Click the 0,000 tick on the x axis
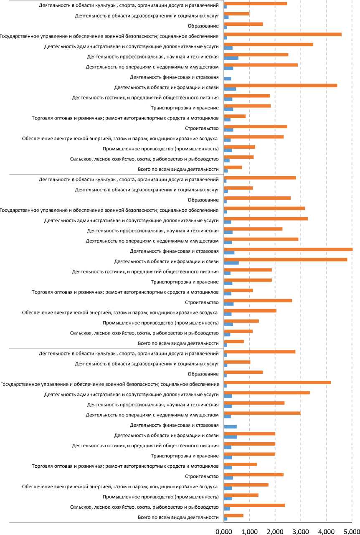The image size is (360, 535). coord(224,531)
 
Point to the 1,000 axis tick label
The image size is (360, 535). coord(249,531)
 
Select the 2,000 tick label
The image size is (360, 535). coord(275,531)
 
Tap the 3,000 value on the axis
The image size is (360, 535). coord(300,531)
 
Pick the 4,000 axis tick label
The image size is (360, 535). coord(326,531)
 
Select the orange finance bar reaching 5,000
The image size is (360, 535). coord(288,249)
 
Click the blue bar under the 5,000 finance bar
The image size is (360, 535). coord(229,253)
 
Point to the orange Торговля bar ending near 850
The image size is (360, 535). coord(235,116)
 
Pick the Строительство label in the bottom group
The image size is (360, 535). coord(202,477)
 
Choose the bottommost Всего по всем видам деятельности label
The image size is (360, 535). coord(178,517)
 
